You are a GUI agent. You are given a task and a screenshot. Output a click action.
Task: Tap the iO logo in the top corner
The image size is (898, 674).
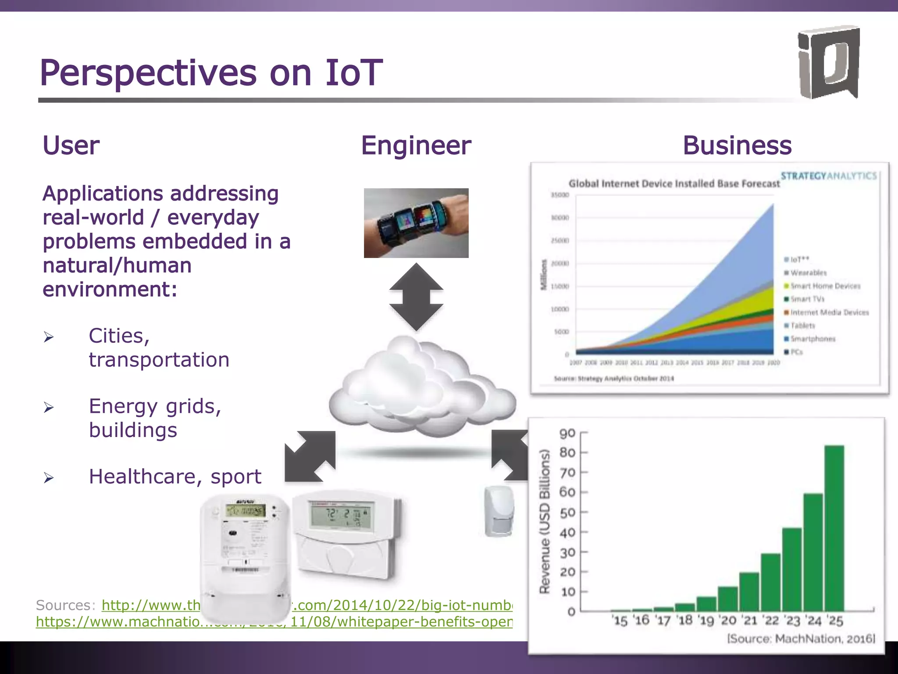click(x=828, y=63)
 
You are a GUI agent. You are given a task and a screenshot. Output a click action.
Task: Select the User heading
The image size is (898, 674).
click(x=71, y=146)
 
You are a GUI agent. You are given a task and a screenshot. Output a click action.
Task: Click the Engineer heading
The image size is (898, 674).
click(x=416, y=146)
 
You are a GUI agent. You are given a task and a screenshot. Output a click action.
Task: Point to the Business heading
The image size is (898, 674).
click(x=737, y=146)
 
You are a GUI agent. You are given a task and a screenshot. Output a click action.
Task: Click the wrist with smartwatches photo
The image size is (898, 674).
click(x=416, y=223)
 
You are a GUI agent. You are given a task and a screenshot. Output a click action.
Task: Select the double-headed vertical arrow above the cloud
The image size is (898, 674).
click(x=416, y=297)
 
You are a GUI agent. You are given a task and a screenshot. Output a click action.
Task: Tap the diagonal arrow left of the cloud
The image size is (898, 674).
click(x=310, y=456)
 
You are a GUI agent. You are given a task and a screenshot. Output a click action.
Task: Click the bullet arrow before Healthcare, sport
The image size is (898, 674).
click(x=49, y=477)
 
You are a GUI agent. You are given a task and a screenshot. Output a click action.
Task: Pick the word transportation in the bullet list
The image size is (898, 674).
click(x=159, y=360)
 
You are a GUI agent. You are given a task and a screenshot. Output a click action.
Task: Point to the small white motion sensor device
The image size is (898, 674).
click(x=499, y=511)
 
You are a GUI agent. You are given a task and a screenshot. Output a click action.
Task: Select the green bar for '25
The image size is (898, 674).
click(x=834, y=528)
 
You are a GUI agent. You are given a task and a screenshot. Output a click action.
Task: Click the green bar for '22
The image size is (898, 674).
click(x=770, y=582)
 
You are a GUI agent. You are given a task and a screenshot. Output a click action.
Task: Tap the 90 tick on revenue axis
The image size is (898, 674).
click(x=567, y=434)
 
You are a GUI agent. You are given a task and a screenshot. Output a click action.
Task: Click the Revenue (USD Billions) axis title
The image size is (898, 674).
click(x=544, y=521)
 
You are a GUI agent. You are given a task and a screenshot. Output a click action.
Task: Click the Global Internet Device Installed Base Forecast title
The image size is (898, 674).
click(x=674, y=183)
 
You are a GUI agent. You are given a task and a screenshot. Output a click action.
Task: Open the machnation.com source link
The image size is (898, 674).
click(x=274, y=622)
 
